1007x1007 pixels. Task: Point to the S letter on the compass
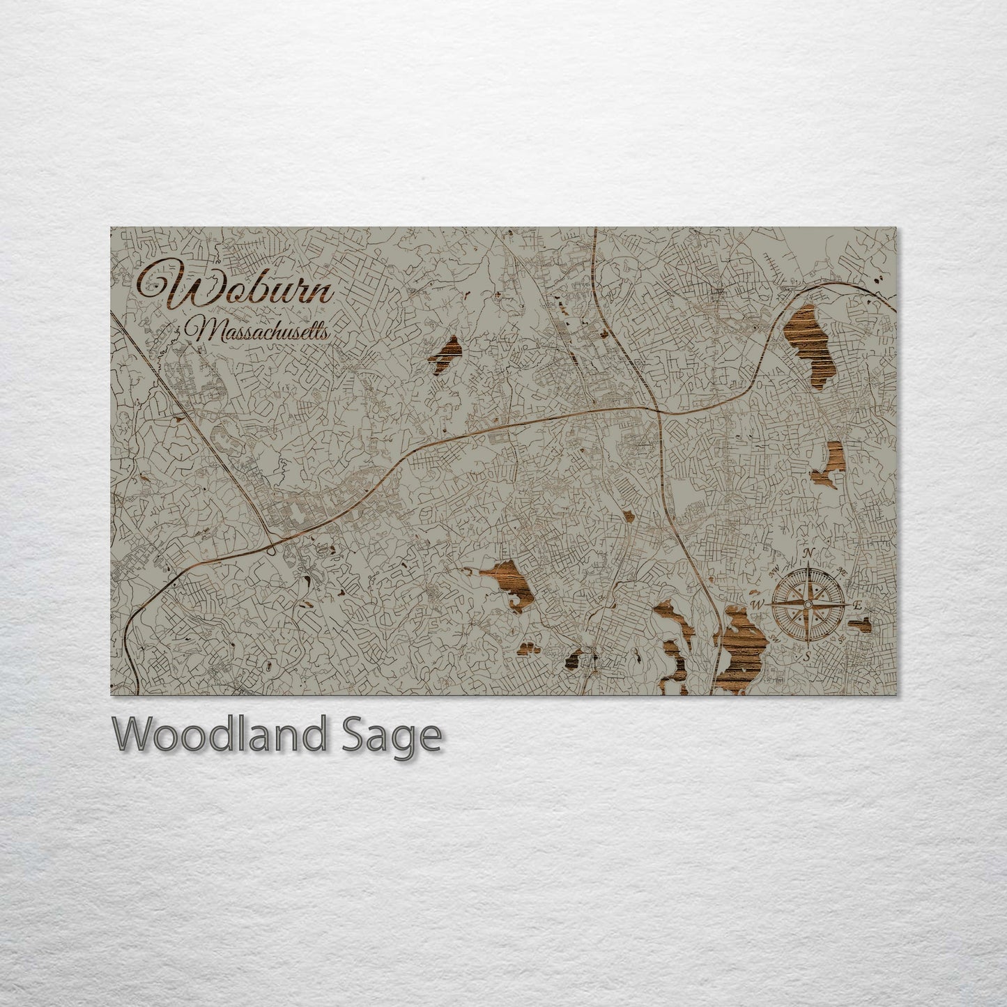coord(807,655)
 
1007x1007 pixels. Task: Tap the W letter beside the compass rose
coord(759,603)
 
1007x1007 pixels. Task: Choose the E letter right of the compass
coord(857,604)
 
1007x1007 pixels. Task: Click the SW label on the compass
coord(776,636)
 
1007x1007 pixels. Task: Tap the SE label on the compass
coord(840,636)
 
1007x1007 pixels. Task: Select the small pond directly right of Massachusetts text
coord(446,352)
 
